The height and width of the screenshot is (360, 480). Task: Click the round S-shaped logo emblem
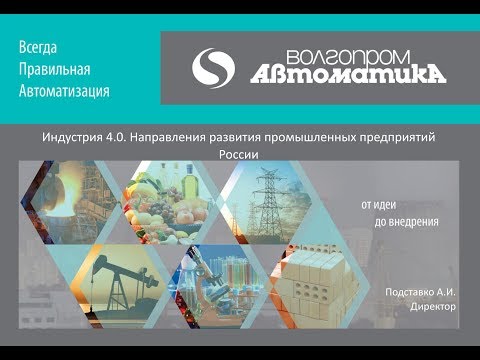pyautogui.click(x=212, y=68)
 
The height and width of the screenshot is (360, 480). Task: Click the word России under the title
pyautogui.click(x=238, y=155)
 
